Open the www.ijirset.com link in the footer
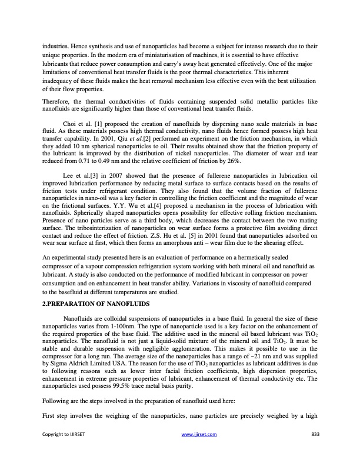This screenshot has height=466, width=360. coord(201,451)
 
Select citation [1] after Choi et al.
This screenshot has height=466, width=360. coord(92,125)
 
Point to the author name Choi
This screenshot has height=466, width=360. coord(69,125)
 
